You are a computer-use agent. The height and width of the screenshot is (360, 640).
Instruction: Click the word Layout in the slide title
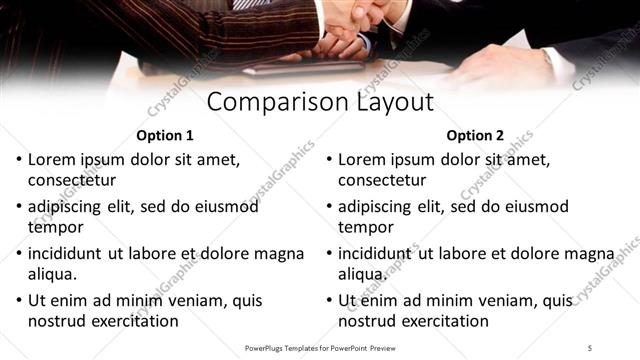pyautogui.click(x=398, y=102)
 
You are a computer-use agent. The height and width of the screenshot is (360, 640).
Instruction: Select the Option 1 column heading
pyautogui.click(x=164, y=135)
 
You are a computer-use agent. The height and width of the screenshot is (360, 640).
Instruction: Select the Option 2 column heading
pyautogui.click(x=475, y=135)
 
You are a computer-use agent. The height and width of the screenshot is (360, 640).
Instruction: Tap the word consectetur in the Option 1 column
pyautogui.click(x=72, y=180)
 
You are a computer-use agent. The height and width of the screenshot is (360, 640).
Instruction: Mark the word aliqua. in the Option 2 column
pyautogui.click(x=362, y=274)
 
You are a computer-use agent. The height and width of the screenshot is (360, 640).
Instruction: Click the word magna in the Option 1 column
pyautogui.click(x=279, y=253)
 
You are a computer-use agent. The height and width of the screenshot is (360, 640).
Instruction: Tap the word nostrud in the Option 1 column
pyautogui.click(x=57, y=321)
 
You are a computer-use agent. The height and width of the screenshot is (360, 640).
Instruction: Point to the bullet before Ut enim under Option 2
pyautogui.click(x=329, y=301)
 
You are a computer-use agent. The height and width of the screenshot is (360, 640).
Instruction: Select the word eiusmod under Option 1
pyautogui.click(x=226, y=206)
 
